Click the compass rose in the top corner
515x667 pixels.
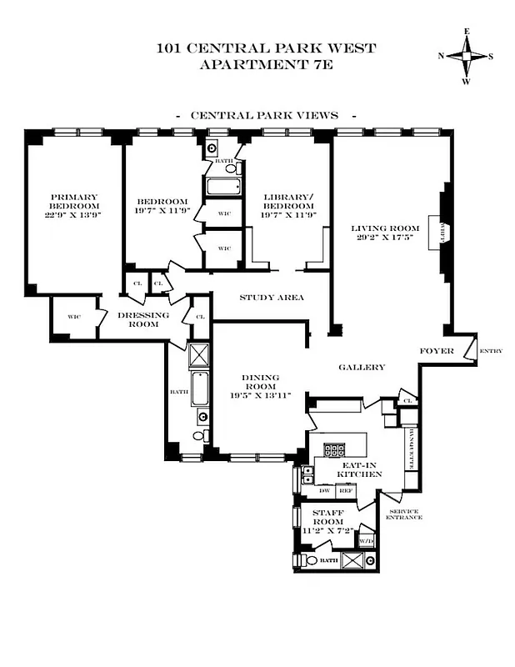(x=466, y=57)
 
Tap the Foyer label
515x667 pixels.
(x=436, y=351)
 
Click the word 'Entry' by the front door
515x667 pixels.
(x=491, y=351)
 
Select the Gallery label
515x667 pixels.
(x=362, y=367)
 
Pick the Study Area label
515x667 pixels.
(x=271, y=298)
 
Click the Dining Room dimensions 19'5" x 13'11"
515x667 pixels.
(x=260, y=395)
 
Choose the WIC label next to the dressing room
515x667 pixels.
(x=74, y=317)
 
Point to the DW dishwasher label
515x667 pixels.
(x=325, y=491)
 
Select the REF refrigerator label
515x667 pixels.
(x=347, y=491)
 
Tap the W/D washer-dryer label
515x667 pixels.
(x=366, y=541)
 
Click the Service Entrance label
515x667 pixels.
(x=403, y=514)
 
